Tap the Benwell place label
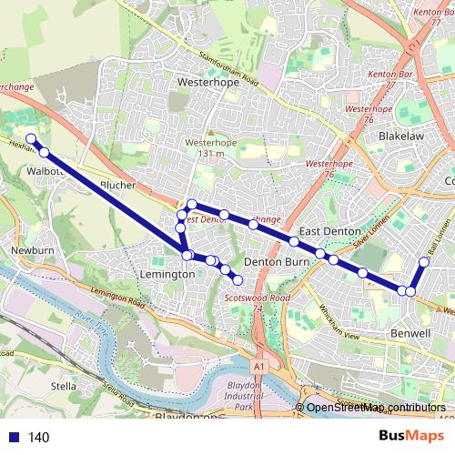410,334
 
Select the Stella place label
63,386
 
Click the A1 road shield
261,366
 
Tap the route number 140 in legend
38,438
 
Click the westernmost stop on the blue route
30,139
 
